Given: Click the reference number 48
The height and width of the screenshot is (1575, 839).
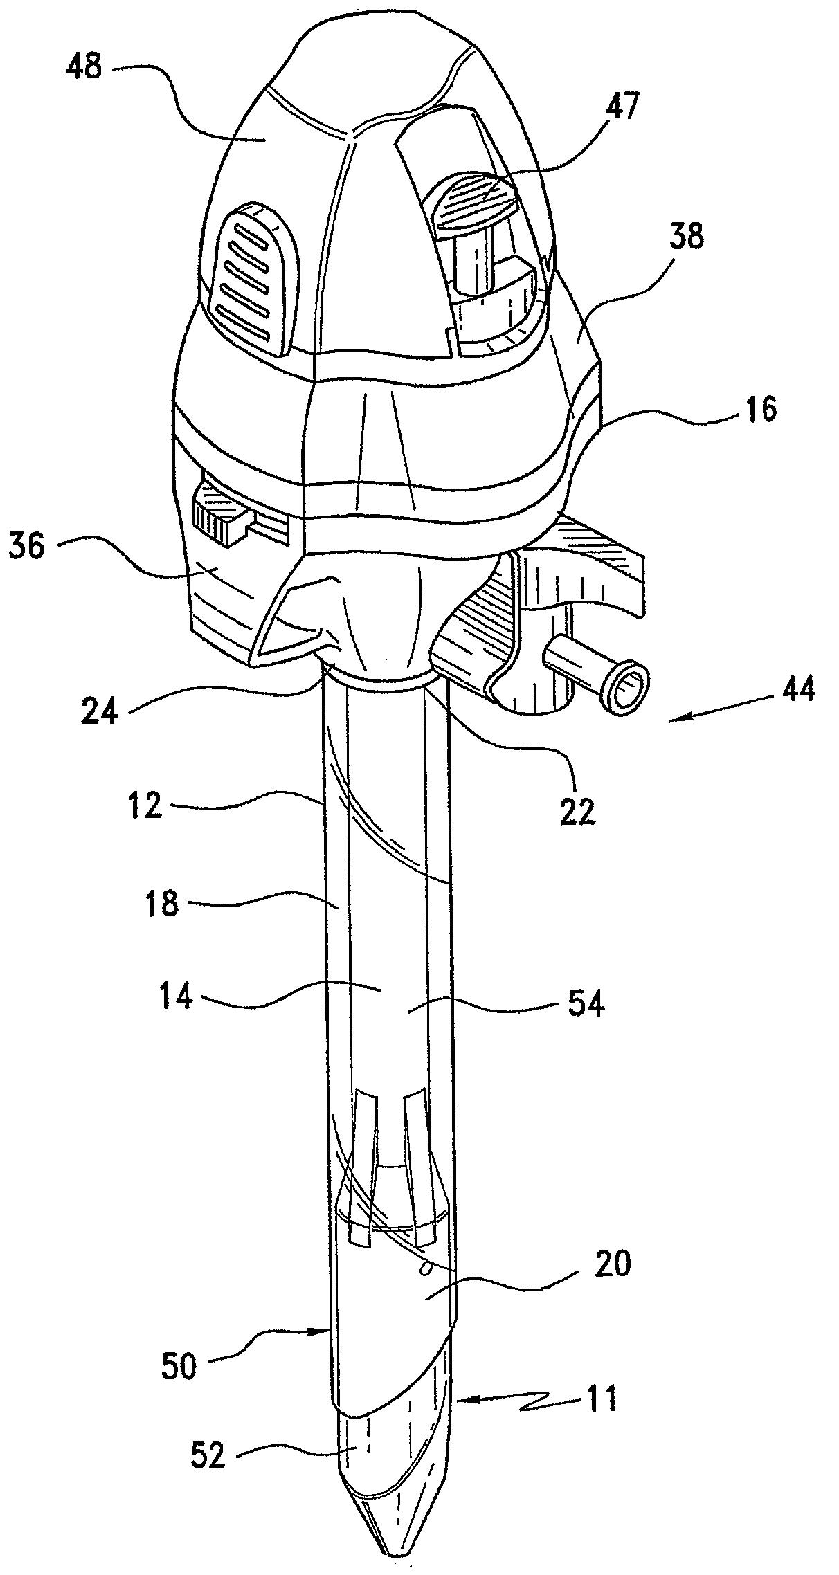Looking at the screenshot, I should pos(84,68).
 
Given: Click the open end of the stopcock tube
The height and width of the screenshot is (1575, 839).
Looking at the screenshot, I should pos(626,688).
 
